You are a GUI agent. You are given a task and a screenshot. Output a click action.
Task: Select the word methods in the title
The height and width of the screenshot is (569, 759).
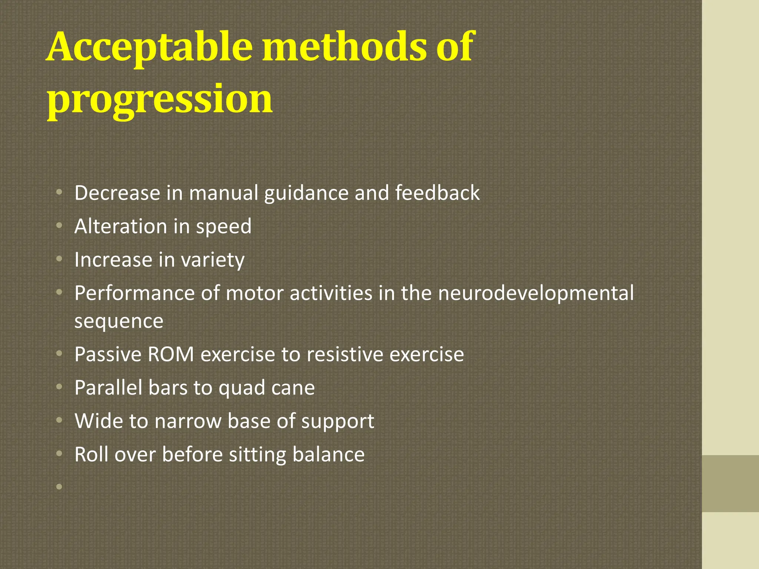344,47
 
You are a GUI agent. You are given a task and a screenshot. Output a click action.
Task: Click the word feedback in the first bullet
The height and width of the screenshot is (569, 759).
437,193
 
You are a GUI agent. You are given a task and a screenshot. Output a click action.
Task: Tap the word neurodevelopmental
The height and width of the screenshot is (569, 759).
536,293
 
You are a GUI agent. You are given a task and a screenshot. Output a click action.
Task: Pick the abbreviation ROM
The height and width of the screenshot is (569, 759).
171,355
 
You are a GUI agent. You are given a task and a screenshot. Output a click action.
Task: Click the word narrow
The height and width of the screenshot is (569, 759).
188,422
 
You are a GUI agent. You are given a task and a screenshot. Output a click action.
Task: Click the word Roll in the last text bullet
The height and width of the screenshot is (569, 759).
92,455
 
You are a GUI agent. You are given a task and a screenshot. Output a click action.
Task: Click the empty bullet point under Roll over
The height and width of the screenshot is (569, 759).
59,486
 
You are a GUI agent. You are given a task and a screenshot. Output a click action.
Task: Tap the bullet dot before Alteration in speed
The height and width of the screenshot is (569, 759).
59,226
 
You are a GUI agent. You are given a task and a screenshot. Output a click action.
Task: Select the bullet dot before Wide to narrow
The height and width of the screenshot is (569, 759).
59,420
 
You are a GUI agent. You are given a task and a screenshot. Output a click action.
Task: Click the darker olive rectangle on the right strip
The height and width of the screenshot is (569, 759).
730,483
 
